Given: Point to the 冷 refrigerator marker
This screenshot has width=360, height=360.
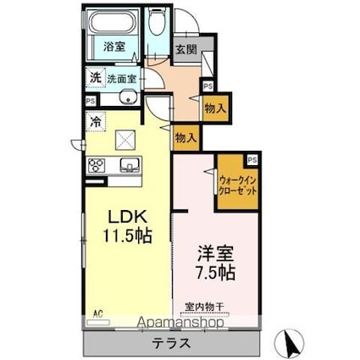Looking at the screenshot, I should [96, 122].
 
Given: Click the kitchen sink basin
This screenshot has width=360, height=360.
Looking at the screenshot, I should [129, 163].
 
